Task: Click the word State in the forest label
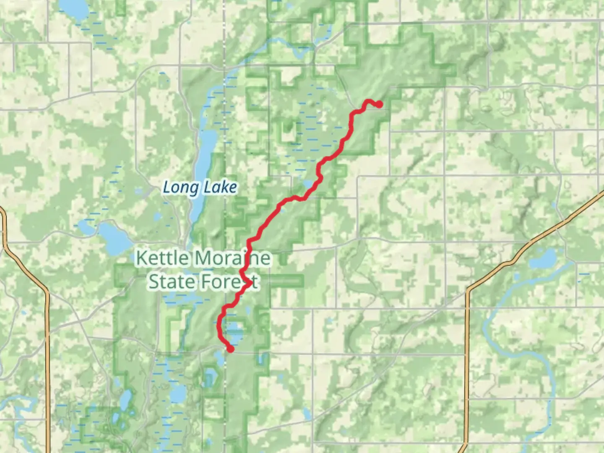[x=170, y=281]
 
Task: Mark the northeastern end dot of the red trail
[x=379, y=104]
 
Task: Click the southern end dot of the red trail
[x=230, y=349]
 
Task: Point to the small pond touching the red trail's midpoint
[x=307, y=184]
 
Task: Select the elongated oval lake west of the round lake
[x=125, y=401]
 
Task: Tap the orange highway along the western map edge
[x=47, y=357]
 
